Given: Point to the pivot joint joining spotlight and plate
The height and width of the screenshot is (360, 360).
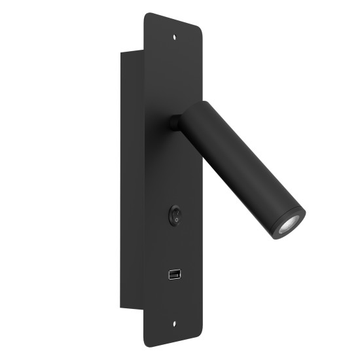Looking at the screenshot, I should (x=175, y=122).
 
